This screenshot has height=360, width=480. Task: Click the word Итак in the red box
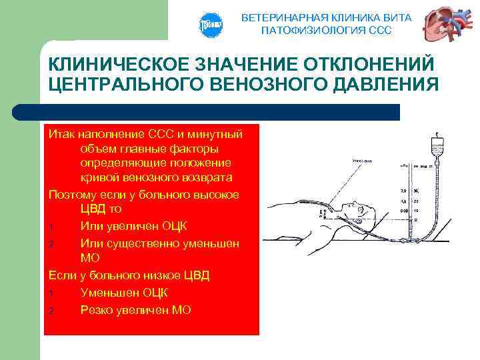point(61,134)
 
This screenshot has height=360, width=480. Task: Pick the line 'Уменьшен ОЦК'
point(123,292)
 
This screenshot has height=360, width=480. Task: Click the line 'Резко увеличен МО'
point(135,309)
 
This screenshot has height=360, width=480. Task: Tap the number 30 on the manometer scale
point(415,190)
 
